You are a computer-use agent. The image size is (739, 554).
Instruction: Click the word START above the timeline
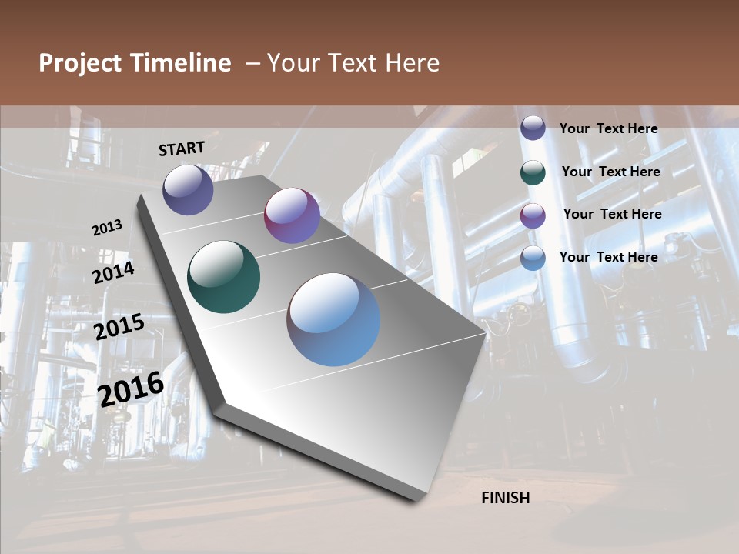182,149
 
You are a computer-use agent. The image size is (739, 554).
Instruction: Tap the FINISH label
506,498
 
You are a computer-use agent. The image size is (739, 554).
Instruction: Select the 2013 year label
108,228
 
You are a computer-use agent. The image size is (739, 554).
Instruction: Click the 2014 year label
114,272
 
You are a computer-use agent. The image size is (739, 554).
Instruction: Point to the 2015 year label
119,327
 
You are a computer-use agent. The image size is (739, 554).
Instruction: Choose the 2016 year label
132,388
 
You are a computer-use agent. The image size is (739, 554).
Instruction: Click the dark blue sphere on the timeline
188,189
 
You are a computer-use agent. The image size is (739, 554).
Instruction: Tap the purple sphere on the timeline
292,215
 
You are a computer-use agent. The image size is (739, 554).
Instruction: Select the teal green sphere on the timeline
224,277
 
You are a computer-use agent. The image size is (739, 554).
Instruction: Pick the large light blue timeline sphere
333,319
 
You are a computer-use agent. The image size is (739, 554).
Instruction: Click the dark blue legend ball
533,128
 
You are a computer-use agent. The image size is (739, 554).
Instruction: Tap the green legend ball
533,172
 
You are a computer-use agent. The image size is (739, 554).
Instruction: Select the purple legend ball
533,215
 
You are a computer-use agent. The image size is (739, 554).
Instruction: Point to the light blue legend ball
533,258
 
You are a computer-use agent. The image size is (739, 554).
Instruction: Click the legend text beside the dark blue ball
608,128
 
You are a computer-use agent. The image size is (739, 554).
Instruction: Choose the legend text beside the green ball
610,172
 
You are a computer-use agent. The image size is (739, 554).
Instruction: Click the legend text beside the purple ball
612,214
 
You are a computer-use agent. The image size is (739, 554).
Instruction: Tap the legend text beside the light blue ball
608,257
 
